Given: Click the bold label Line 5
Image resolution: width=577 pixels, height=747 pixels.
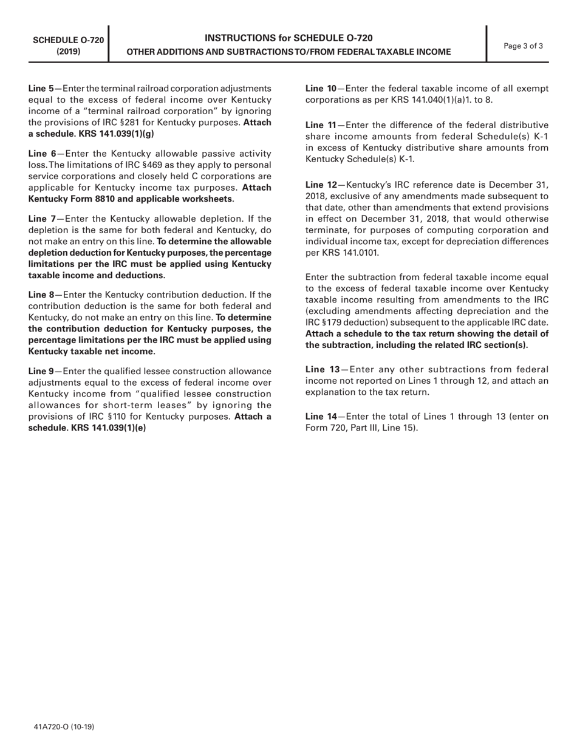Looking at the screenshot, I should (41, 89).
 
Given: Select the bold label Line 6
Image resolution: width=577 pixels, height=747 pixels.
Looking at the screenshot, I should (41, 154).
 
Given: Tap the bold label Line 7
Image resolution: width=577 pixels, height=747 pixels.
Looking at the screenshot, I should (41, 218).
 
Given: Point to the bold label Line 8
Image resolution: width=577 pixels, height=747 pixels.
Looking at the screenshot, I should (41, 295).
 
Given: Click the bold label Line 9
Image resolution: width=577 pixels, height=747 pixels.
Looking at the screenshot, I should (41, 370).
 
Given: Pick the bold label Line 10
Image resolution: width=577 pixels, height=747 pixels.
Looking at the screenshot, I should (321, 89).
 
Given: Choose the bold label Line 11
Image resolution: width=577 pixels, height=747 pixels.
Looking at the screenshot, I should (320, 124).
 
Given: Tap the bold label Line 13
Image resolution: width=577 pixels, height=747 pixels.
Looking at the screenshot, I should (322, 369).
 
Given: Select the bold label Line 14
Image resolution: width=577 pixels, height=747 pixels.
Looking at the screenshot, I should (321, 417).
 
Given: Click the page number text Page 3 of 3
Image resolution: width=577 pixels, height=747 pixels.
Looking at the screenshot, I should (524, 46).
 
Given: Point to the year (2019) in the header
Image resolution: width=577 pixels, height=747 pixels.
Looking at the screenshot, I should (68, 52).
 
